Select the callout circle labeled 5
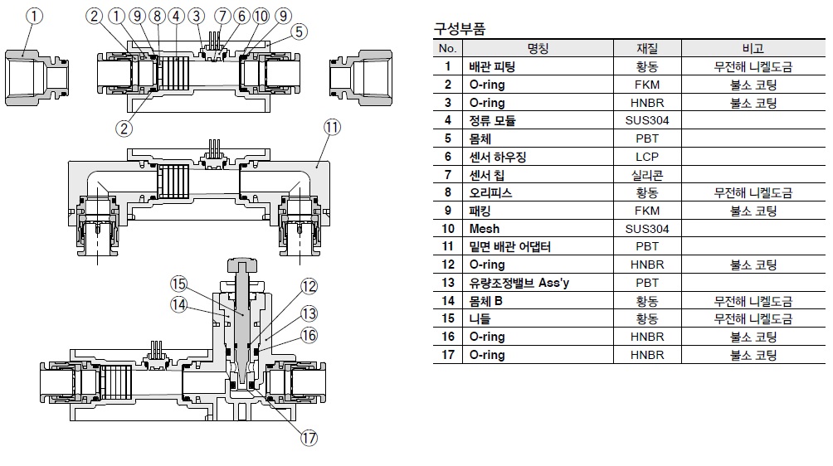pos(300,32)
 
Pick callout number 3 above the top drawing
pos(196,15)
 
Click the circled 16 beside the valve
pos(309,335)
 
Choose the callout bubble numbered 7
pos(222,15)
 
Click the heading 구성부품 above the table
pos(460,29)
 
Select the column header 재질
pos(647,49)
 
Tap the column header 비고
pos(753,49)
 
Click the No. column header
pos(448,49)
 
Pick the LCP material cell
pos(647,157)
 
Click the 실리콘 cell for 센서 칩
pos(647,175)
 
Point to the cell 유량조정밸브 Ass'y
pos(510,283)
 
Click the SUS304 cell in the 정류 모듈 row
pos(647,121)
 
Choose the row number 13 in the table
pos(448,283)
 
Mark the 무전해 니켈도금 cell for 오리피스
pos(753,193)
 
